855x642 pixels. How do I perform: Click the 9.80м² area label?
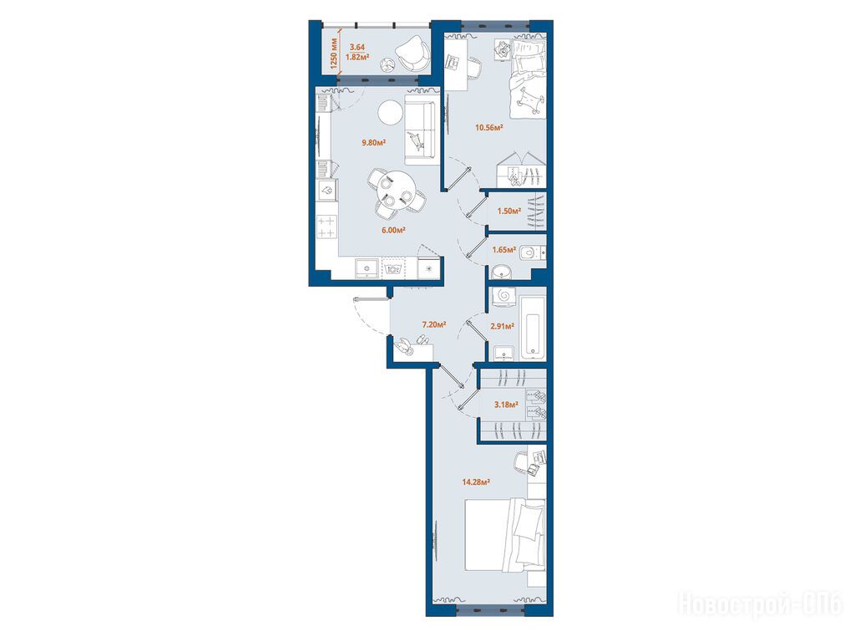click(x=374, y=143)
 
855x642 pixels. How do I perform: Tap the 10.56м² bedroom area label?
click(x=488, y=128)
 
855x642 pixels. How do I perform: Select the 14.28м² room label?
click(x=476, y=482)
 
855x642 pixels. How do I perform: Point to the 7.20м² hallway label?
click(x=434, y=324)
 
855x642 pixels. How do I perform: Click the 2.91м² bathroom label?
click(x=502, y=327)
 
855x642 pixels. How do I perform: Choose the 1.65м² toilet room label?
click(x=503, y=250)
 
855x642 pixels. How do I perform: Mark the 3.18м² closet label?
click(x=506, y=405)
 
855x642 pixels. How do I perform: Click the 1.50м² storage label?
click(x=508, y=211)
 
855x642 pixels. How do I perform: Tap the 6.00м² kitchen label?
click(x=393, y=231)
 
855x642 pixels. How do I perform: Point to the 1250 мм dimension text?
click(x=335, y=51)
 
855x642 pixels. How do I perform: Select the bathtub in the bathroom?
click(x=533, y=328)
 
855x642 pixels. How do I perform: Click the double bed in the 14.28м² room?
click(x=504, y=535)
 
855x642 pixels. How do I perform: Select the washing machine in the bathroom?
click(x=502, y=296)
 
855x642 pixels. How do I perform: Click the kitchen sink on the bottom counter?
click(x=367, y=268)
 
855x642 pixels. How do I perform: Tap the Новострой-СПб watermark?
click(x=761, y=604)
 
